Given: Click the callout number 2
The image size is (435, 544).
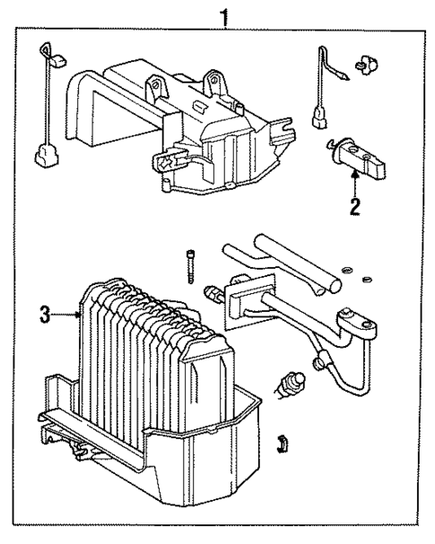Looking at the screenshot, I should click(x=355, y=208).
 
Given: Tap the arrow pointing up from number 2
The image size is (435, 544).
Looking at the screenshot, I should click(x=355, y=183).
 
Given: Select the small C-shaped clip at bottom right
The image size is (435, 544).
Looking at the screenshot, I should click(x=281, y=441).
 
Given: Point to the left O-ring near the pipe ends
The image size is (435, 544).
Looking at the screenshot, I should click(x=347, y=267).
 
